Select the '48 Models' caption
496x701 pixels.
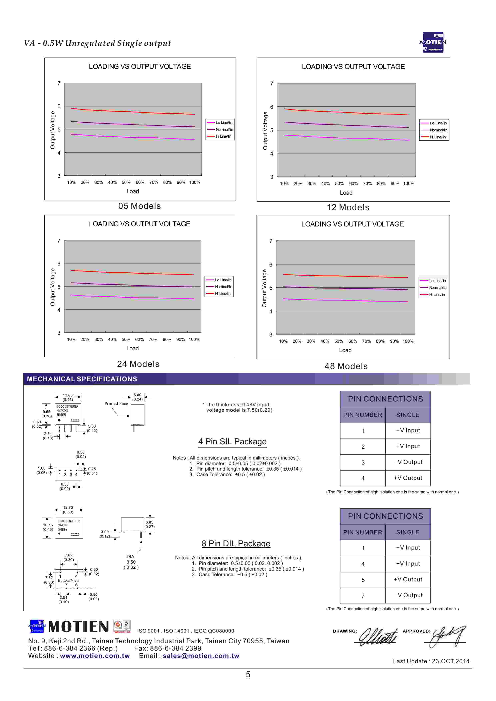click(x=346, y=366)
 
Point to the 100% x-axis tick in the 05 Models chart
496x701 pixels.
click(x=194, y=183)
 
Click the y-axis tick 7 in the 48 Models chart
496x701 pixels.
click(x=271, y=241)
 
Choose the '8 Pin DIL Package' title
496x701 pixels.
click(x=236, y=544)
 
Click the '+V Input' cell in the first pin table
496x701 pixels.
click(x=408, y=446)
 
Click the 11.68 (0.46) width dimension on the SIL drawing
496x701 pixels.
click(x=68, y=397)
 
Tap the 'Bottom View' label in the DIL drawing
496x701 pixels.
click(x=68, y=580)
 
